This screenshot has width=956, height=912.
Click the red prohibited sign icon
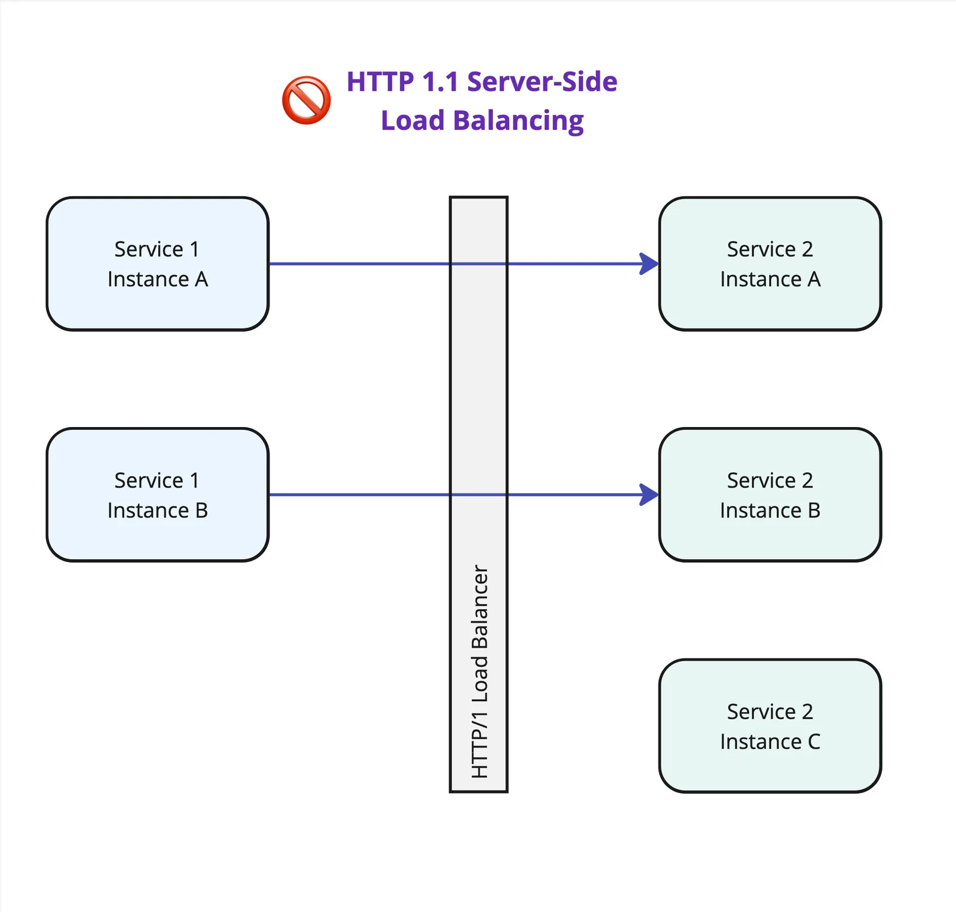(306, 100)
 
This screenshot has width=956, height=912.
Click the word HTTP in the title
(380, 82)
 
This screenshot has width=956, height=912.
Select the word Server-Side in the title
(542, 82)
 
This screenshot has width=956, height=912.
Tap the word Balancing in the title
(518, 121)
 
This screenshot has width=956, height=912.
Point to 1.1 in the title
(440, 82)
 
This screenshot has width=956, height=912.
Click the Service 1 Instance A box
(158, 263)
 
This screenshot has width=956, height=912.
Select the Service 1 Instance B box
(158, 495)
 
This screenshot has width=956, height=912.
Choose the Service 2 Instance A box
(770, 263)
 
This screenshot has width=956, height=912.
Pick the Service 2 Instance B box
(770, 495)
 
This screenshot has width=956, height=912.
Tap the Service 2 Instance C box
(770, 725)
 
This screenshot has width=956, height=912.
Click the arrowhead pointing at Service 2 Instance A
(649, 263)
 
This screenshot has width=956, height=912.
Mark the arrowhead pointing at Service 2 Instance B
(649, 495)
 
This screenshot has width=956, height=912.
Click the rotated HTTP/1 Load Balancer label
(480, 671)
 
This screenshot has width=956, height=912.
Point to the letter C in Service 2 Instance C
(814, 742)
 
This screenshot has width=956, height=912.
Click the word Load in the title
(412, 121)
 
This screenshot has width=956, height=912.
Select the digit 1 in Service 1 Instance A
(194, 249)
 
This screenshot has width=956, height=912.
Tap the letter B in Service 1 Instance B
(201, 511)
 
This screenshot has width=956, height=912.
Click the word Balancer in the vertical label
(480, 606)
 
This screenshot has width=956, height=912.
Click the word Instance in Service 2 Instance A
(760, 279)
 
